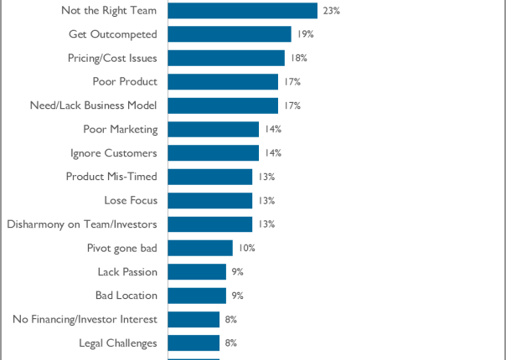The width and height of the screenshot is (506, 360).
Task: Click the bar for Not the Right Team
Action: pyautogui.click(x=243, y=11)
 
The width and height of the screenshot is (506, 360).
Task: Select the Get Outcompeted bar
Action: pyautogui.click(x=230, y=34)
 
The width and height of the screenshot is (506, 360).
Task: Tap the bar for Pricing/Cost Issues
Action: pyautogui.click(x=226, y=58)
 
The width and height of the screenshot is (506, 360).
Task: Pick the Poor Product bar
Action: pyautogui.click(x=223, y=82)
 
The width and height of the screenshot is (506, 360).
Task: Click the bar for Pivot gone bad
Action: pyautogui.click(x=200, y=248)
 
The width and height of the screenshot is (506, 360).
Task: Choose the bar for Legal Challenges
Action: pyautogui.click(x=194, y=342)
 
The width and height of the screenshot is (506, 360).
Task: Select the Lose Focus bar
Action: pyautogui.click(x=210, y=201)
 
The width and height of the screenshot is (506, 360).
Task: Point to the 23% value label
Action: pyautogui.click(x=331, y=11)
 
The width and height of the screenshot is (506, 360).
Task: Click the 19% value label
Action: pyautogui.click(x=305, y=34)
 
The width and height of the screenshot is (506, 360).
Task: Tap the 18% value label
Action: pyautogui.click(x=299, y=58)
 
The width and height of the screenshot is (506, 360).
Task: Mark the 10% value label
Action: pyautogui.click(x=246, y=248)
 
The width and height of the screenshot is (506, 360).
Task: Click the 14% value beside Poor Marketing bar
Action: pyautogui.click(x=272, y=129)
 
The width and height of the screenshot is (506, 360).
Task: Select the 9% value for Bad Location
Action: pyautogui.click(x=238, y=296)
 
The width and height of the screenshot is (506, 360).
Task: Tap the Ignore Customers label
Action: pyautogui.click(x=114, y=153)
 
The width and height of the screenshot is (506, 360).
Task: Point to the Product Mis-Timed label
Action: pyautogui.click(x=111, y=177)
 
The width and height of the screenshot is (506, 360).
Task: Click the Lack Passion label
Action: pyautogui.click(x=127, y=271)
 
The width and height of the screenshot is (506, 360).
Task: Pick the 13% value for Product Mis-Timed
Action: pyautogui.click(x=266, y=177)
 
